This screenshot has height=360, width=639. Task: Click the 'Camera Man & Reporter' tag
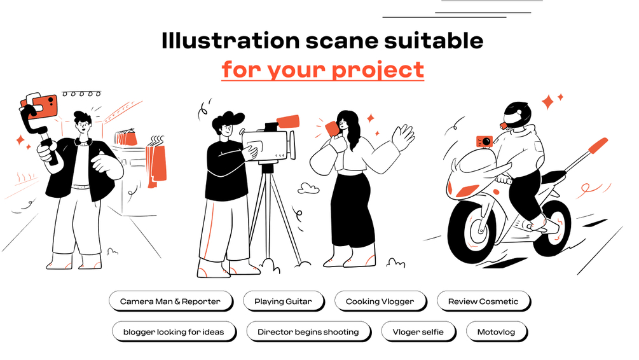[170, 301]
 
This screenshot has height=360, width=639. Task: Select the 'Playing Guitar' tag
[283, 301]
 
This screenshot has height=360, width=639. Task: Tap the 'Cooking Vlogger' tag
[380, 301]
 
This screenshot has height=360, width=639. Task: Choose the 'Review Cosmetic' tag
[483, 301]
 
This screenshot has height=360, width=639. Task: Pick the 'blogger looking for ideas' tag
[174, 332]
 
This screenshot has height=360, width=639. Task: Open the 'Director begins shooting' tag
[308, 332]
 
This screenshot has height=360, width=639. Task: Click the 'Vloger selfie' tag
[418, 332]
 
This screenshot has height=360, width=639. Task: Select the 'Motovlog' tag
[497, 332]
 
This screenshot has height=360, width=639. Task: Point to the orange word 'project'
[378, 70]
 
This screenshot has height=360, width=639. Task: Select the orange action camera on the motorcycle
[484, 141]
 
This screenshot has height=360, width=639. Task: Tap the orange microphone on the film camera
[288, 122]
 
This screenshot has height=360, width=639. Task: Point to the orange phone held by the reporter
[332, 128]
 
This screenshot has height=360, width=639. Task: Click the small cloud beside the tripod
[308, 188]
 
